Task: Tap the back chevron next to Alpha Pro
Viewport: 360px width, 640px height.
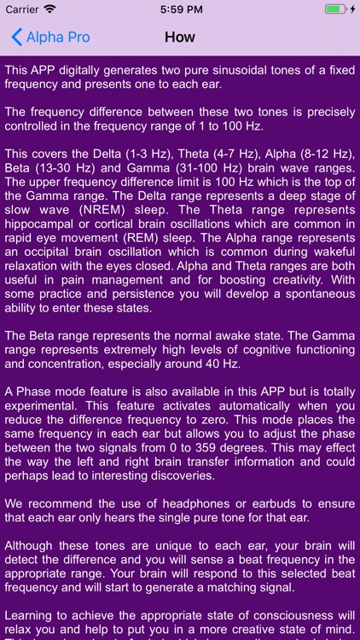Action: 16,38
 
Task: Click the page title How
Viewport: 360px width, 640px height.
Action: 179,38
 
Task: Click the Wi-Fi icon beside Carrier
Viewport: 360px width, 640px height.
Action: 49,9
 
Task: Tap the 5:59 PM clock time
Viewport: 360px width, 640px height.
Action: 179,9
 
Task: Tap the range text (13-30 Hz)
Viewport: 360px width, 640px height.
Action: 68,169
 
